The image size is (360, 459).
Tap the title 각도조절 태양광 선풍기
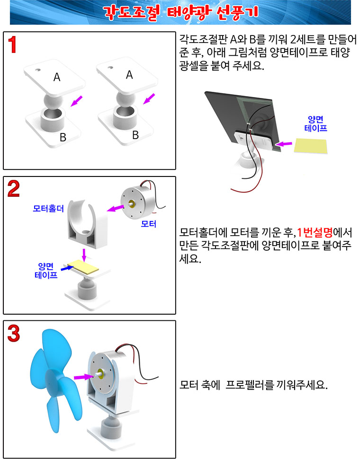pyautogui.click(x=180, y=12)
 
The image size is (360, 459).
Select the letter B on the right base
pyautogui.click(x=135, y=135)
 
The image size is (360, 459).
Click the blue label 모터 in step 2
pyautogui.click(x=148, y=224)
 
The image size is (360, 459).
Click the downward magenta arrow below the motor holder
pyautogui.click(x=84, y=255)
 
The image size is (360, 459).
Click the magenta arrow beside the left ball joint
pyautogui.click(x=77, y=100)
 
